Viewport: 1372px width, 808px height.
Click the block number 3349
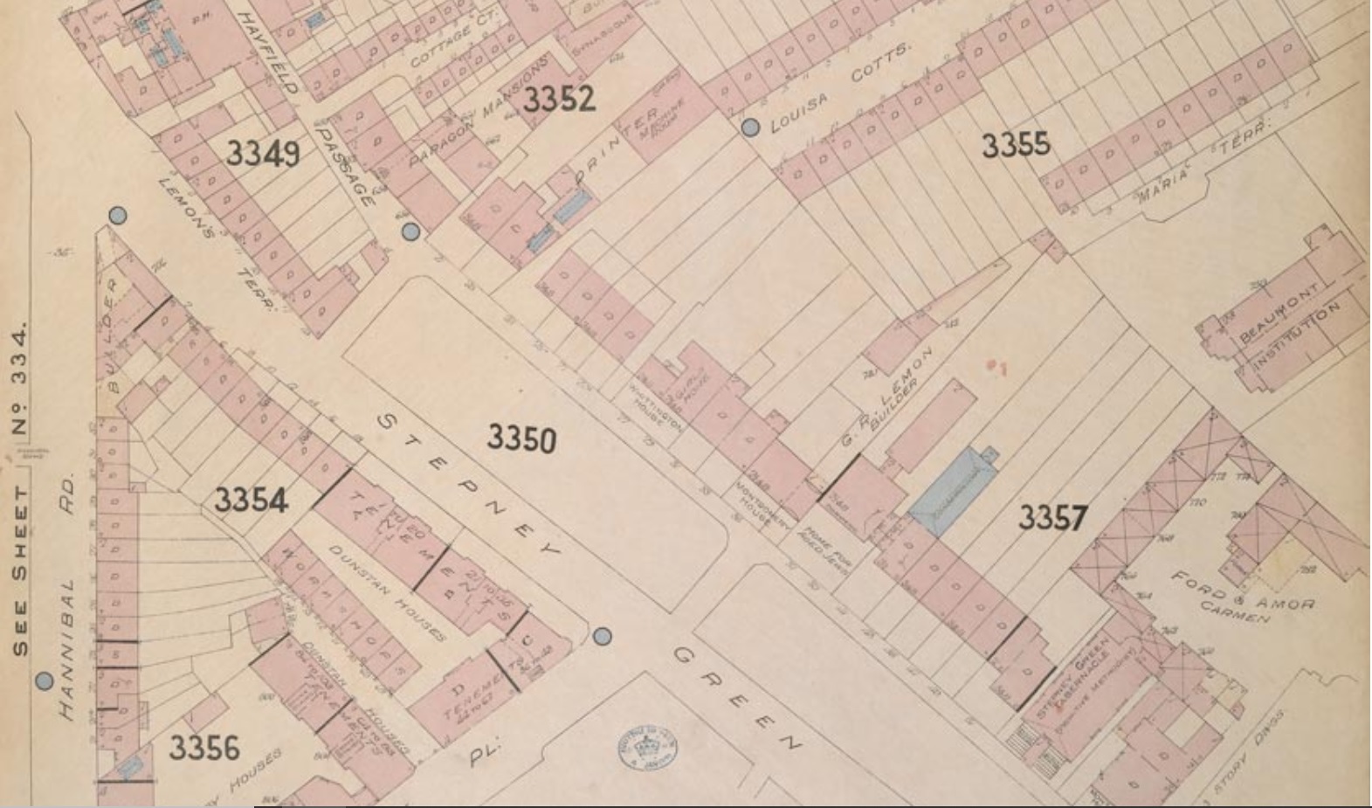coord(263,154)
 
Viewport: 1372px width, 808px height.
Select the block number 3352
coord(559,99)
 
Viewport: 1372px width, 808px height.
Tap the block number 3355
coord(1015,145)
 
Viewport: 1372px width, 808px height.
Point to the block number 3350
coord(521,437)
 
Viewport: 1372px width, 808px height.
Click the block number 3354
coord(251,500)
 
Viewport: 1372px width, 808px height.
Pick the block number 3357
coord(1052,518)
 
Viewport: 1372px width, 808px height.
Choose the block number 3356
coord(203,748)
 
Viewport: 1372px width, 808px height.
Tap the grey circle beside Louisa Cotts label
coord(750,128)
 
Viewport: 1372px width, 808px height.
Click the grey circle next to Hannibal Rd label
coord(45,681)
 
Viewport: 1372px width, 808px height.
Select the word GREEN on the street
coord(735,699)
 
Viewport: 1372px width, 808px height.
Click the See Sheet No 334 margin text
coord(20,489)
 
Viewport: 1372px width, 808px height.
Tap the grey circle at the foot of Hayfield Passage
coord(410,231)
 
